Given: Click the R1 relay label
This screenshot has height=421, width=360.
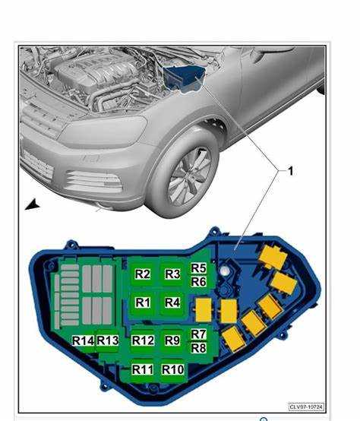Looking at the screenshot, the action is (x=143, y=302).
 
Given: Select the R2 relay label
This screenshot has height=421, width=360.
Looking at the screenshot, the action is (x=143, y=274).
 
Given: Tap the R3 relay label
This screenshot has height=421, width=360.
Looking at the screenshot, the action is (x=172, y=274).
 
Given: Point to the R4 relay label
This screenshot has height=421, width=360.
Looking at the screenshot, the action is (x=172, y=302).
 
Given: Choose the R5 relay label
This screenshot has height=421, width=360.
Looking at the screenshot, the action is (x=198, y=268).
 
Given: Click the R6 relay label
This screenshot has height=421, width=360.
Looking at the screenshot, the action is (x=198, y=282).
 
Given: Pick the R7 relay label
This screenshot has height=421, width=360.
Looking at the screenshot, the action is (x=198, y=334).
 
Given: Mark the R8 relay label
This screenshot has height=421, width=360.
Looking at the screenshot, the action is (x=198, y=348).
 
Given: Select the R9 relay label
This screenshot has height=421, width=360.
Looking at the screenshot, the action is (x=172, y=340).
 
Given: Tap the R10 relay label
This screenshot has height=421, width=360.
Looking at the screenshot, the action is (x=173, y=369).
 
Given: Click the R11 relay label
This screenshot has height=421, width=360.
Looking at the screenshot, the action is (x=143, y=369).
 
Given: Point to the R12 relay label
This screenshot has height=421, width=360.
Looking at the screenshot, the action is (x=143, y=340).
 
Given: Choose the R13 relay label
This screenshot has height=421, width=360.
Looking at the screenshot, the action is (x=108, y=340).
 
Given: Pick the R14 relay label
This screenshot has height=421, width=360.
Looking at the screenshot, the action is (x=83, y=340).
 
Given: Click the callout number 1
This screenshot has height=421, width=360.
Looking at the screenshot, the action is (x=290, y=171).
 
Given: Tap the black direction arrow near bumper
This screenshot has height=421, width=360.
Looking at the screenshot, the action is (x=32, y=205).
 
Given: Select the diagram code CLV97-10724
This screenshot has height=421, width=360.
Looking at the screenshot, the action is (x=306, y=407).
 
